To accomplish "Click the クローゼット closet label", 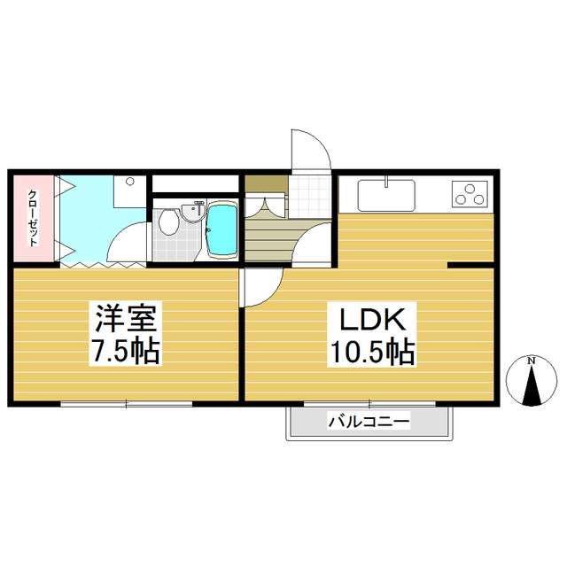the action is (x=33, y=218).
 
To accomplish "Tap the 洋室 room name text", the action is (x=126, y=319).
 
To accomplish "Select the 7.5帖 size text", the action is (x=126, y=351).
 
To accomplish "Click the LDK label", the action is (x=372, y=319).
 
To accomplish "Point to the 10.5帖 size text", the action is (x=372, y=352).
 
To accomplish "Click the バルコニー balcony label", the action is (x=369, y=422).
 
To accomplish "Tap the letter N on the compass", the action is (x=531, y=361).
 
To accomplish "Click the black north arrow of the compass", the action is (x=532, y=385).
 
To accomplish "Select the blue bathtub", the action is (x=221, y=230).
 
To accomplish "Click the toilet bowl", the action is (x=168, y=222).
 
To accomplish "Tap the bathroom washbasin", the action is (x=192, y=213).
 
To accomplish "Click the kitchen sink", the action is (x=386, y=195).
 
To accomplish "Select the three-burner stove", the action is (x=470, y=194).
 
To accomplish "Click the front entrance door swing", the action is (x=311, y=150).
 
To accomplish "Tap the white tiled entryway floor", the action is (x=310, y=197).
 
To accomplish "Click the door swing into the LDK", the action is (x=263, y=287).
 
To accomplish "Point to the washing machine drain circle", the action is (x=130, y=181).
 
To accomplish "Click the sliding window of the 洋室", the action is (x=126, y=404).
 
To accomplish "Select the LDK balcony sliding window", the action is (x=369, y=404).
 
